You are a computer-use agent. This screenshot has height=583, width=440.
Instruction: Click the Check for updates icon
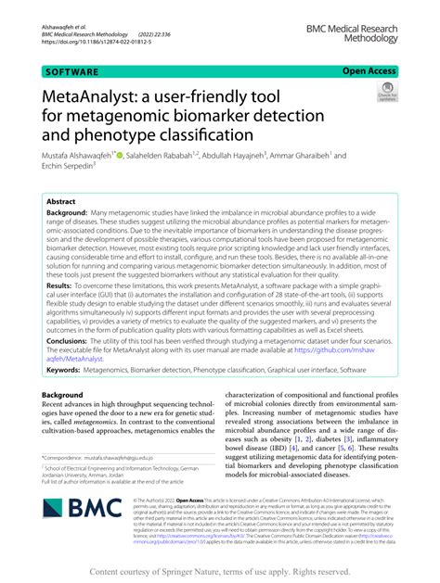385,93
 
